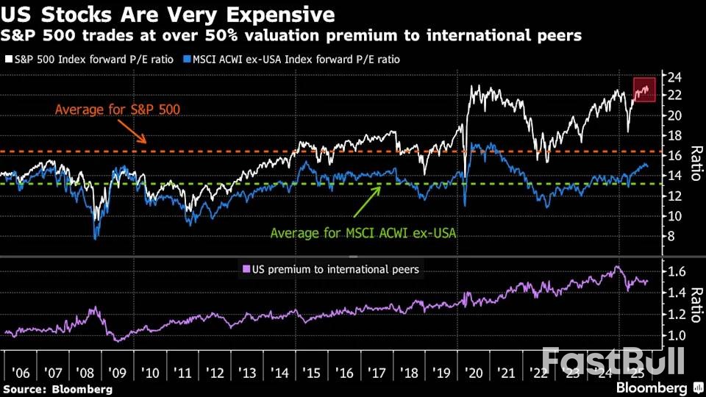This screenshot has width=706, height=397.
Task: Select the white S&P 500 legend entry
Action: pos(89,59)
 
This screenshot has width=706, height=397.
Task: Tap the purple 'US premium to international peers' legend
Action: pos(331,269)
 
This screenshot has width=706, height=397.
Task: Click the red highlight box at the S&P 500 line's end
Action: pos(645,88)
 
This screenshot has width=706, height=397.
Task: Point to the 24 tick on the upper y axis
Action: pos(674,76)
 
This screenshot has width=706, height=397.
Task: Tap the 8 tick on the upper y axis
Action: pos(672,236)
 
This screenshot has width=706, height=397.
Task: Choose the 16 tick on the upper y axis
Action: pos(674,156)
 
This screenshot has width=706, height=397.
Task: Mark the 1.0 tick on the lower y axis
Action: pos(677,336)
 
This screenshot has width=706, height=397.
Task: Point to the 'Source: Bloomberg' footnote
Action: pos(58,389)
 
